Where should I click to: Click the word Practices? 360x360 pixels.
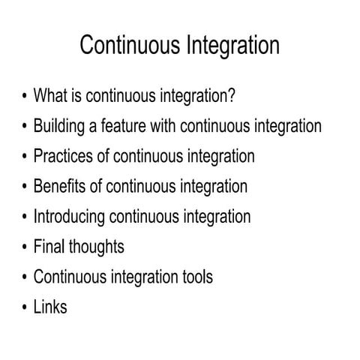(x=63, y=157)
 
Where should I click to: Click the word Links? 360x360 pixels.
(x=49, y=307)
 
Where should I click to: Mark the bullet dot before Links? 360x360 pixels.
(x=25, y=307)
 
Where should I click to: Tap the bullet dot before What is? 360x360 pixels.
(x=25, y=97)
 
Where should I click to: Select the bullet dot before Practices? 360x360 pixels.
(x=25, y=157)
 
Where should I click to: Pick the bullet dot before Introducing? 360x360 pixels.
(x=25, y=217)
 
